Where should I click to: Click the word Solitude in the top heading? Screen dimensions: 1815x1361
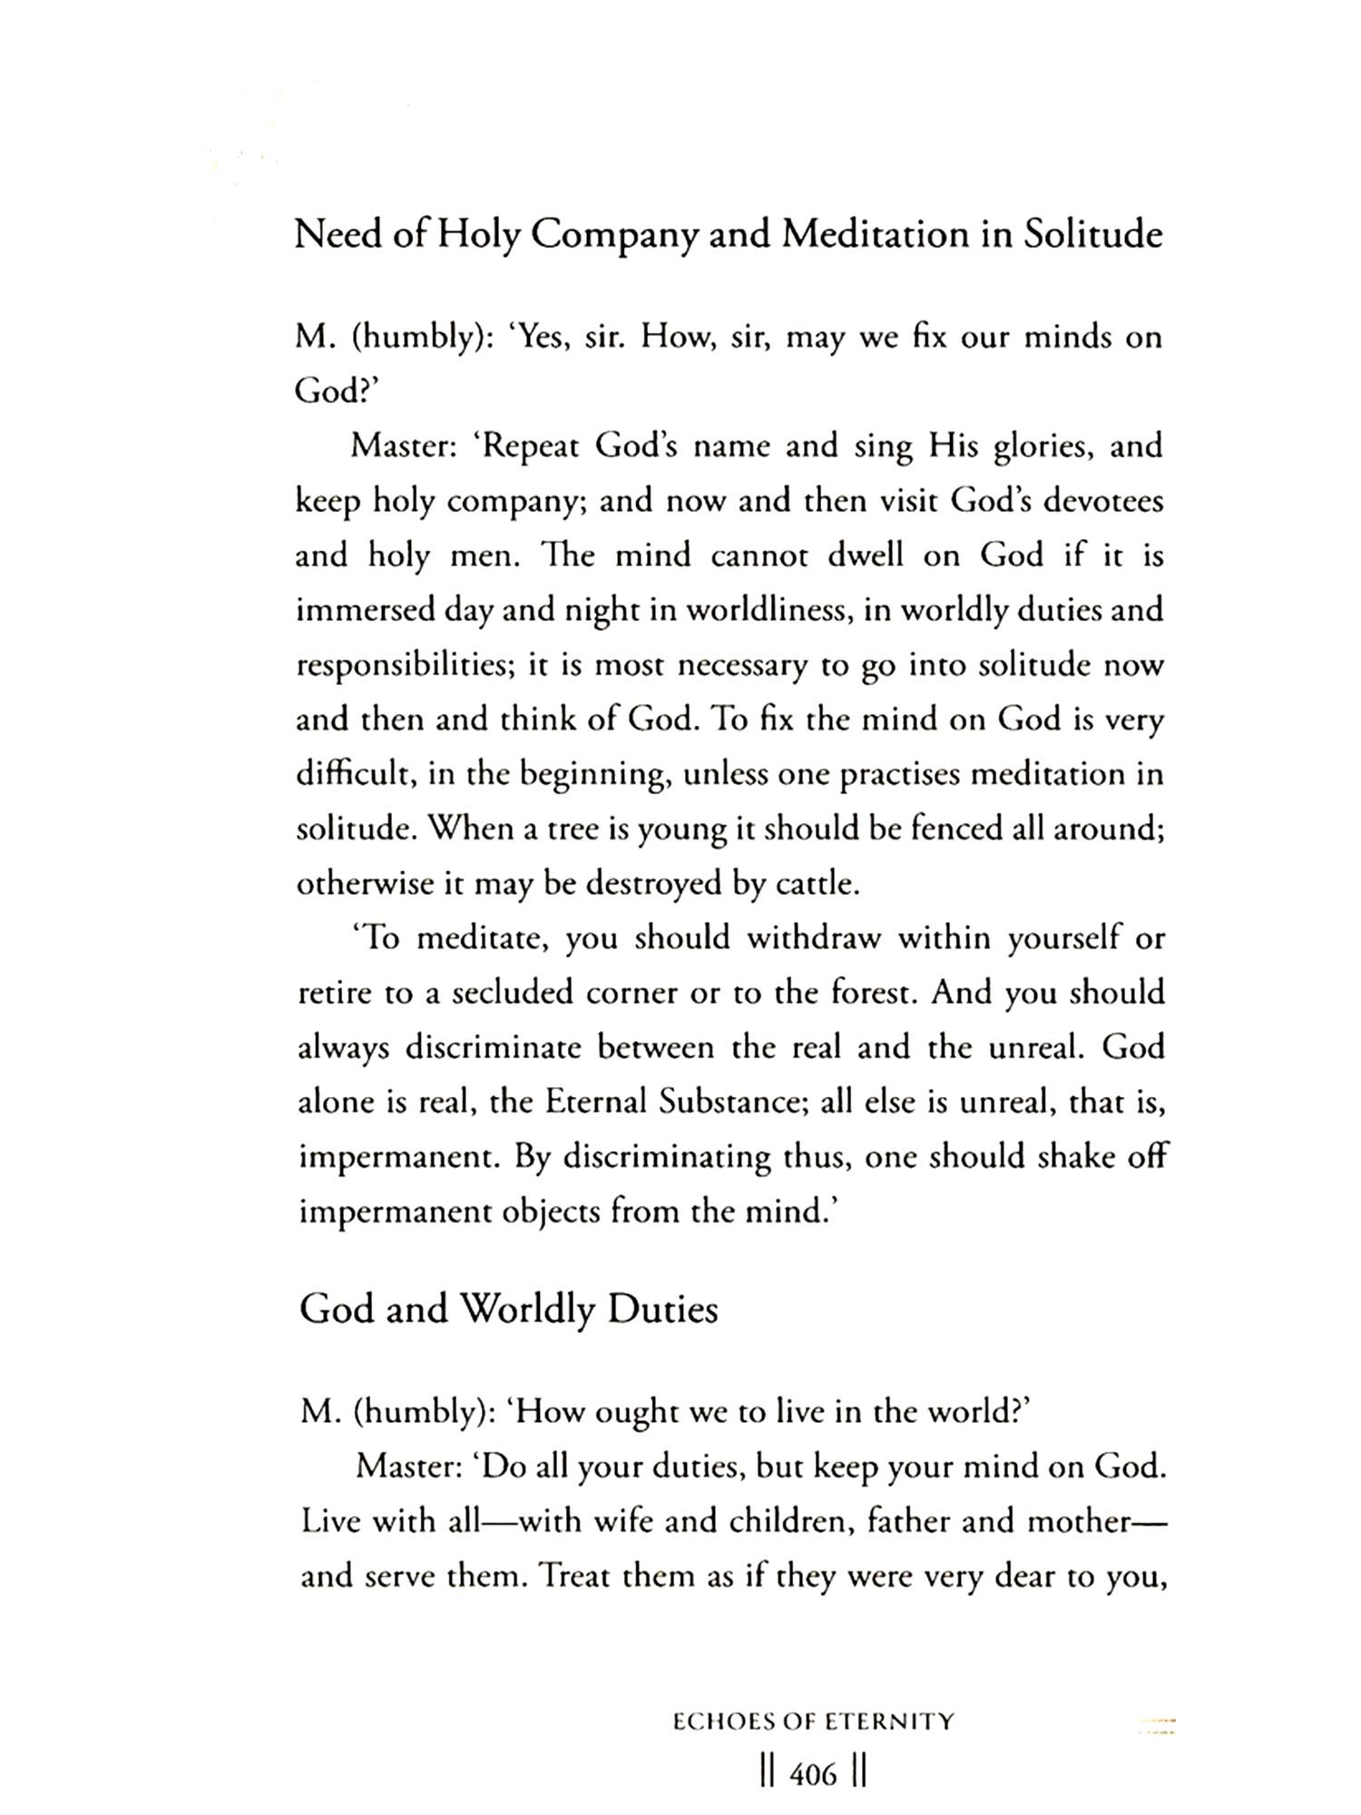click(x=1092, y=235)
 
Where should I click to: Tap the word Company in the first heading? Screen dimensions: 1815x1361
click(x=615, y=235)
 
